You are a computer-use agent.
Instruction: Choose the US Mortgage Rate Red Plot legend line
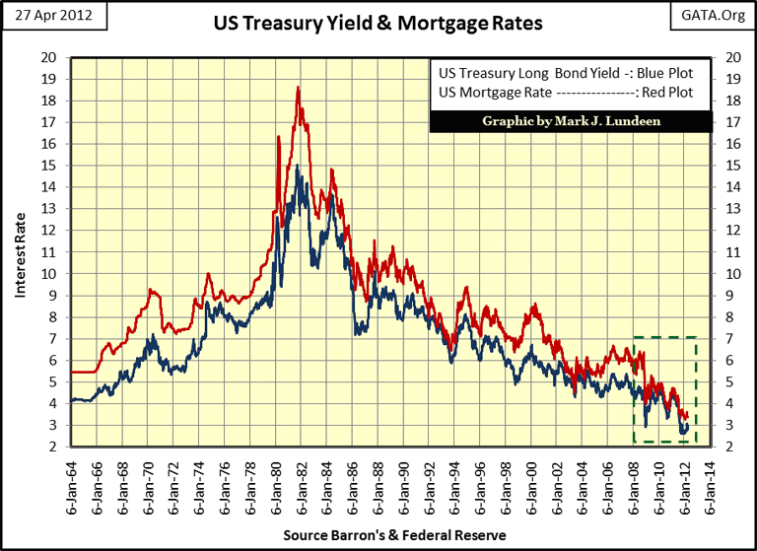(x=565, y=94)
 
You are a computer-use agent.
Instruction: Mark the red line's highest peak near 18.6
(x=298, y=88)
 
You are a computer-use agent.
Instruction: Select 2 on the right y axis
(x=729, y=447)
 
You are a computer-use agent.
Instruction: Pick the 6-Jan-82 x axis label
(x=300, y=483)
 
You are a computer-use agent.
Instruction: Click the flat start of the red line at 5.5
(x=83, y=372)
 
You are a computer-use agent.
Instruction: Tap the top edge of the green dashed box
(x=665, y=337)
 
